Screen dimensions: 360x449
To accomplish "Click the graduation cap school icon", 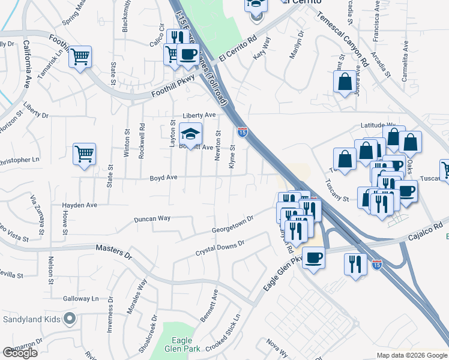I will tap(191, 134).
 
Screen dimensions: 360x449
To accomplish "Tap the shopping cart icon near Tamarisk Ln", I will tap(80, 57).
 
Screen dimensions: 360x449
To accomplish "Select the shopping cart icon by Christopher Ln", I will tap(85, 154).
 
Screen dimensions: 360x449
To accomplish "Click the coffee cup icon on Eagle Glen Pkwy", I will tap(313, 259).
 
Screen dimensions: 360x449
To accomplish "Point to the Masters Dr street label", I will tap(113, 251).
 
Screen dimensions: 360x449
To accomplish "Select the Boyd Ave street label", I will tap(163, 178).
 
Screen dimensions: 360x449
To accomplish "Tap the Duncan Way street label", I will tap(152, 219).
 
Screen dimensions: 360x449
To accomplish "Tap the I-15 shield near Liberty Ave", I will tap(242, 130).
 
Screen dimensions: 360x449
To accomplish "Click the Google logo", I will tap(20, 353).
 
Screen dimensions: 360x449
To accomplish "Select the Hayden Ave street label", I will tap(79, 205).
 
